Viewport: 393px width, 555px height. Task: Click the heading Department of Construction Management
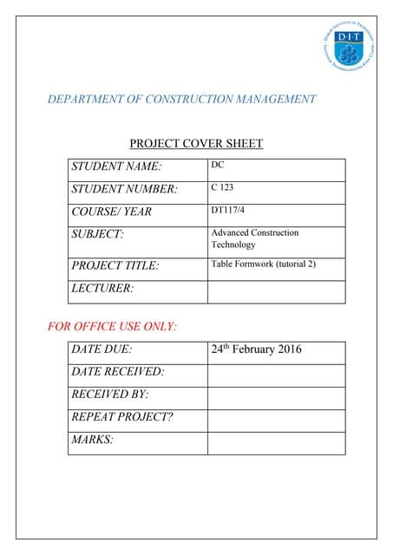pos(181,100)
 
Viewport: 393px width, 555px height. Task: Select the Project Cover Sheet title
pos(196,144)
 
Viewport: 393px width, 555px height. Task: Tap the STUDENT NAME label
pos(116,166)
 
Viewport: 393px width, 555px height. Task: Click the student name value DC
pos(217,165)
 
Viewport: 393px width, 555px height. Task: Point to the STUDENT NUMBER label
pos(124,189)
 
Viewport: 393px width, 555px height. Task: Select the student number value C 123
pos(222,187)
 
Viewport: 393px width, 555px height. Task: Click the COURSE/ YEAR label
pos(111,212)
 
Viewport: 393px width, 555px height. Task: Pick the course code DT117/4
pos(227,210)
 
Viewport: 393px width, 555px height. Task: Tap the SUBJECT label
pos(97,234)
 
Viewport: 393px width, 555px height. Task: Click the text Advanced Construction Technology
pos(254,238)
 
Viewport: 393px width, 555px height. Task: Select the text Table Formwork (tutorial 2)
pos(263,264)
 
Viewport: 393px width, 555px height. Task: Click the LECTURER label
pos(102,288)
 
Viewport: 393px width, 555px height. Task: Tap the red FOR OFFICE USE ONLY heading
pos(112,327)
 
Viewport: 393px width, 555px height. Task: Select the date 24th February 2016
pos(256,350)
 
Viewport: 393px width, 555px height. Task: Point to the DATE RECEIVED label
pos(118,372)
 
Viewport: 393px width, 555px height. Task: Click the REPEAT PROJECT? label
pos(122,417)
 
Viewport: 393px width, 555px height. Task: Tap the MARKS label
pos(93,440)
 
